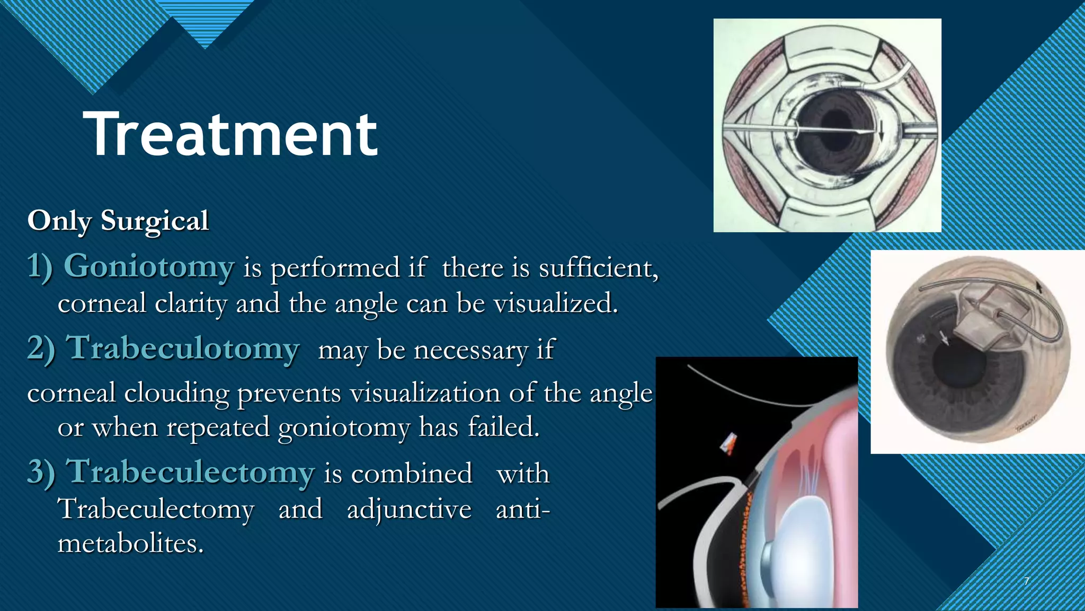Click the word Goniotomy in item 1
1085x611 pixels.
[149, 266]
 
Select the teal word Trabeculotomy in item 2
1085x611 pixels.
[183, 348]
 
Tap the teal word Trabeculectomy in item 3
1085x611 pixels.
[190, 472]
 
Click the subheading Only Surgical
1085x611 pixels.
[118, 220]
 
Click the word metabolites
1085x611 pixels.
[130, 544]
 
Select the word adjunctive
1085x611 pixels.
[409, 510]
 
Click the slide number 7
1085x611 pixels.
[1026, 581]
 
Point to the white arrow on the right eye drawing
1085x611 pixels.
[945, 337]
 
